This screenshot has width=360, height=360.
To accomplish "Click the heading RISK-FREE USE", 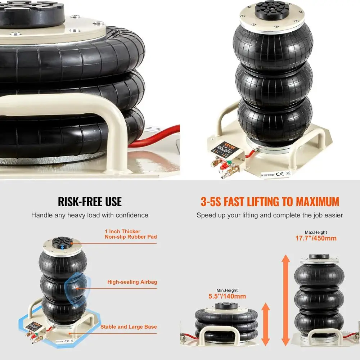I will pos(90,201).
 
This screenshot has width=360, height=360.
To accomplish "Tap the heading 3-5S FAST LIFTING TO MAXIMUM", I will pos(270,201).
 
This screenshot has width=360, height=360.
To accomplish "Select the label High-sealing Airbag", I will pos(132,282).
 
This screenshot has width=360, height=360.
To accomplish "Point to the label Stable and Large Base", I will pos(129,327).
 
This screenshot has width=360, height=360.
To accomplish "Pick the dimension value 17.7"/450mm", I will pos(316,238).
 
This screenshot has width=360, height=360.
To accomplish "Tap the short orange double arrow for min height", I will pos(266,324).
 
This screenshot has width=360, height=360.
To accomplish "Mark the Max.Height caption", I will pos(316,233).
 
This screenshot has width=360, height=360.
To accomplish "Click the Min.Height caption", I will pos(227,291).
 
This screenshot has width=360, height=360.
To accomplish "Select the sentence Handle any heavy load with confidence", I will pos(90,215).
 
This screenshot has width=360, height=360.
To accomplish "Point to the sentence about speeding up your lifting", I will pos(270,215).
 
